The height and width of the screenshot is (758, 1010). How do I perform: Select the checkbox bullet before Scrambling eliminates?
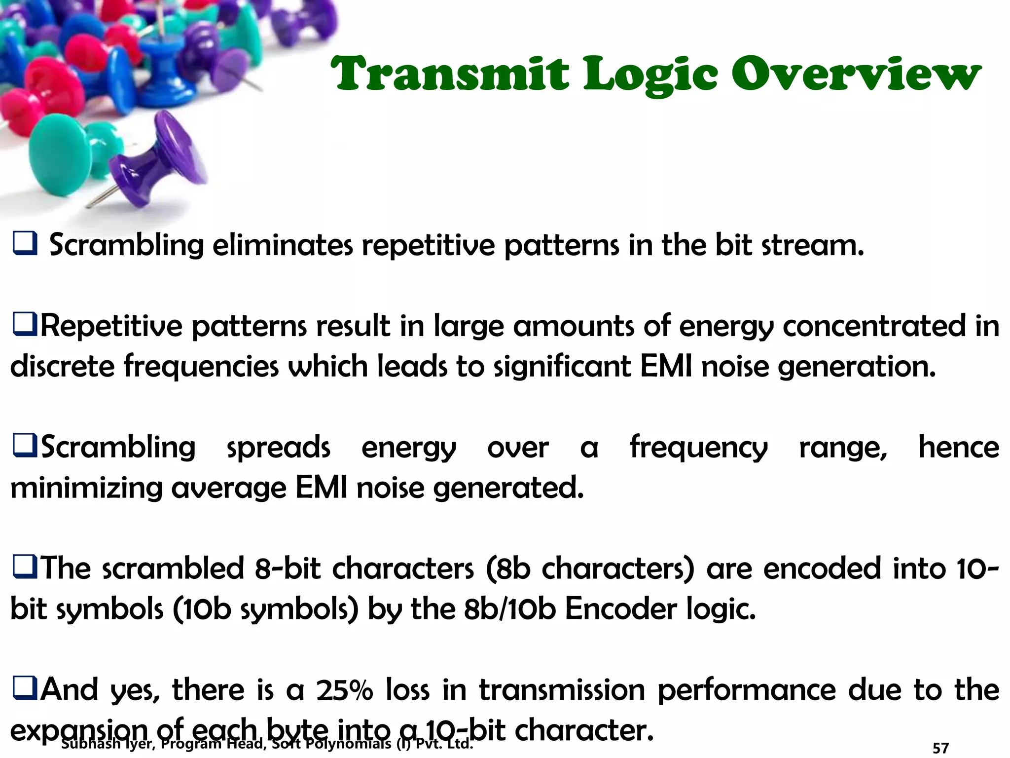coord(25,244)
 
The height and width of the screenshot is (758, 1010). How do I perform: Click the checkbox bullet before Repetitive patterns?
coord(25,325)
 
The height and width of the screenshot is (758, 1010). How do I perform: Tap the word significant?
coord(562,367)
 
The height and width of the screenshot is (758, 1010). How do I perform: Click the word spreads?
coord(278,448)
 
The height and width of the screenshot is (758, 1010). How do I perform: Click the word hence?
coord(958,447)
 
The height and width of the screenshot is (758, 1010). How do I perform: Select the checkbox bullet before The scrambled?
coord(25,568)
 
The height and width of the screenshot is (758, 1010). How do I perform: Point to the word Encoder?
coord(621,609)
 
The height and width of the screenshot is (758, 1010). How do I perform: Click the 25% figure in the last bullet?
coord(344,689)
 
